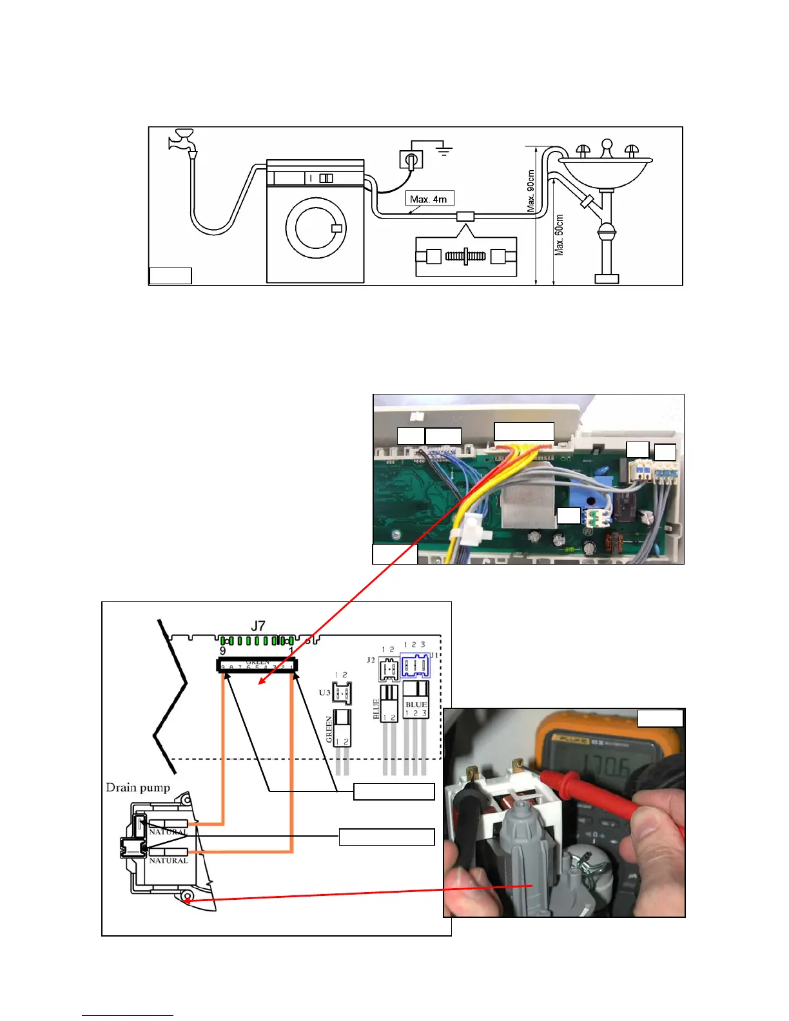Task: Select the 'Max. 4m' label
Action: pos(429,199)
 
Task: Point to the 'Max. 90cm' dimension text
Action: pos(531,191)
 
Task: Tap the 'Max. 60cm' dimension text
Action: pos(560,235)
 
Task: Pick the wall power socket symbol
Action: pos(411,159)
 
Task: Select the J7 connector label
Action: pos(258,626)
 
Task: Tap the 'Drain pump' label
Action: pos(138,787)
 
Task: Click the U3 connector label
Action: pos(325,693)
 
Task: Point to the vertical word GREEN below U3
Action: pos(329,728)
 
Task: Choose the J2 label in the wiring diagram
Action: pos(371,660)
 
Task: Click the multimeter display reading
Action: pos(603,767)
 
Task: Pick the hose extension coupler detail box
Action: pos(466,257)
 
